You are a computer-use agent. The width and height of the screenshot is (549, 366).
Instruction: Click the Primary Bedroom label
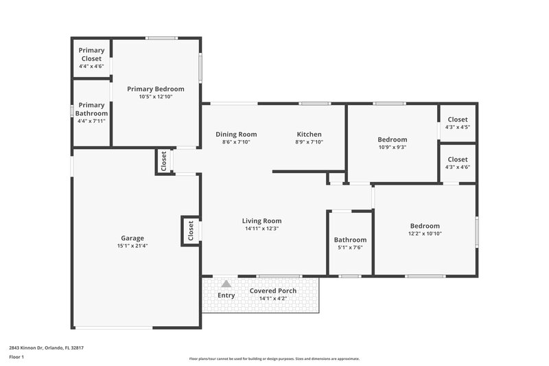click(x=156, y=89)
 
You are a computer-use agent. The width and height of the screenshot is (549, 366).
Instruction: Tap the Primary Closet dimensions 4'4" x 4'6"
click(x=91, y=67)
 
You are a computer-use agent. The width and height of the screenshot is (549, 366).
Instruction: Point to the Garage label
click(x=132, y=238)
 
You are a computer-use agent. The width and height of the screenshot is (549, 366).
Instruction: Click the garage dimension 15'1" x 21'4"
click(x=132, y=246)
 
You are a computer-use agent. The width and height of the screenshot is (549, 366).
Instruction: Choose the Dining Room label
click(x=236, y=134)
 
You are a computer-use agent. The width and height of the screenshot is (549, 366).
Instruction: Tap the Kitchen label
click(x=309, y=134)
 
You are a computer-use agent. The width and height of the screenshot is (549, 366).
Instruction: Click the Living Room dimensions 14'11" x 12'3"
click(x=261, y=229)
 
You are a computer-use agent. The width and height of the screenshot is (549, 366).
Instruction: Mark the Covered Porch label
click(x=273, y=290)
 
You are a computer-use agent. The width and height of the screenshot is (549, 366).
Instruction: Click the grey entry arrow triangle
click(x=226, y=283)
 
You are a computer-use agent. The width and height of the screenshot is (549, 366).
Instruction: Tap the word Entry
click(x=226, y=295)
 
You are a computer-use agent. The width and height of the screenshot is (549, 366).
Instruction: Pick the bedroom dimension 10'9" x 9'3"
click(x=392, y=147)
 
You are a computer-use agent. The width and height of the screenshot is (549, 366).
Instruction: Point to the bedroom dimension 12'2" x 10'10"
click(x=425, y=233)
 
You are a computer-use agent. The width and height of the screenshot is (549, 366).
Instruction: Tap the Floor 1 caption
click(x=17, y=357)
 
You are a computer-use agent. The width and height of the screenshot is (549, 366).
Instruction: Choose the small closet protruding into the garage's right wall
click(x=190, y=231)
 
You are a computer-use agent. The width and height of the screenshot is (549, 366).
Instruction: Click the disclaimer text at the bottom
click(x=274, y=358)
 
